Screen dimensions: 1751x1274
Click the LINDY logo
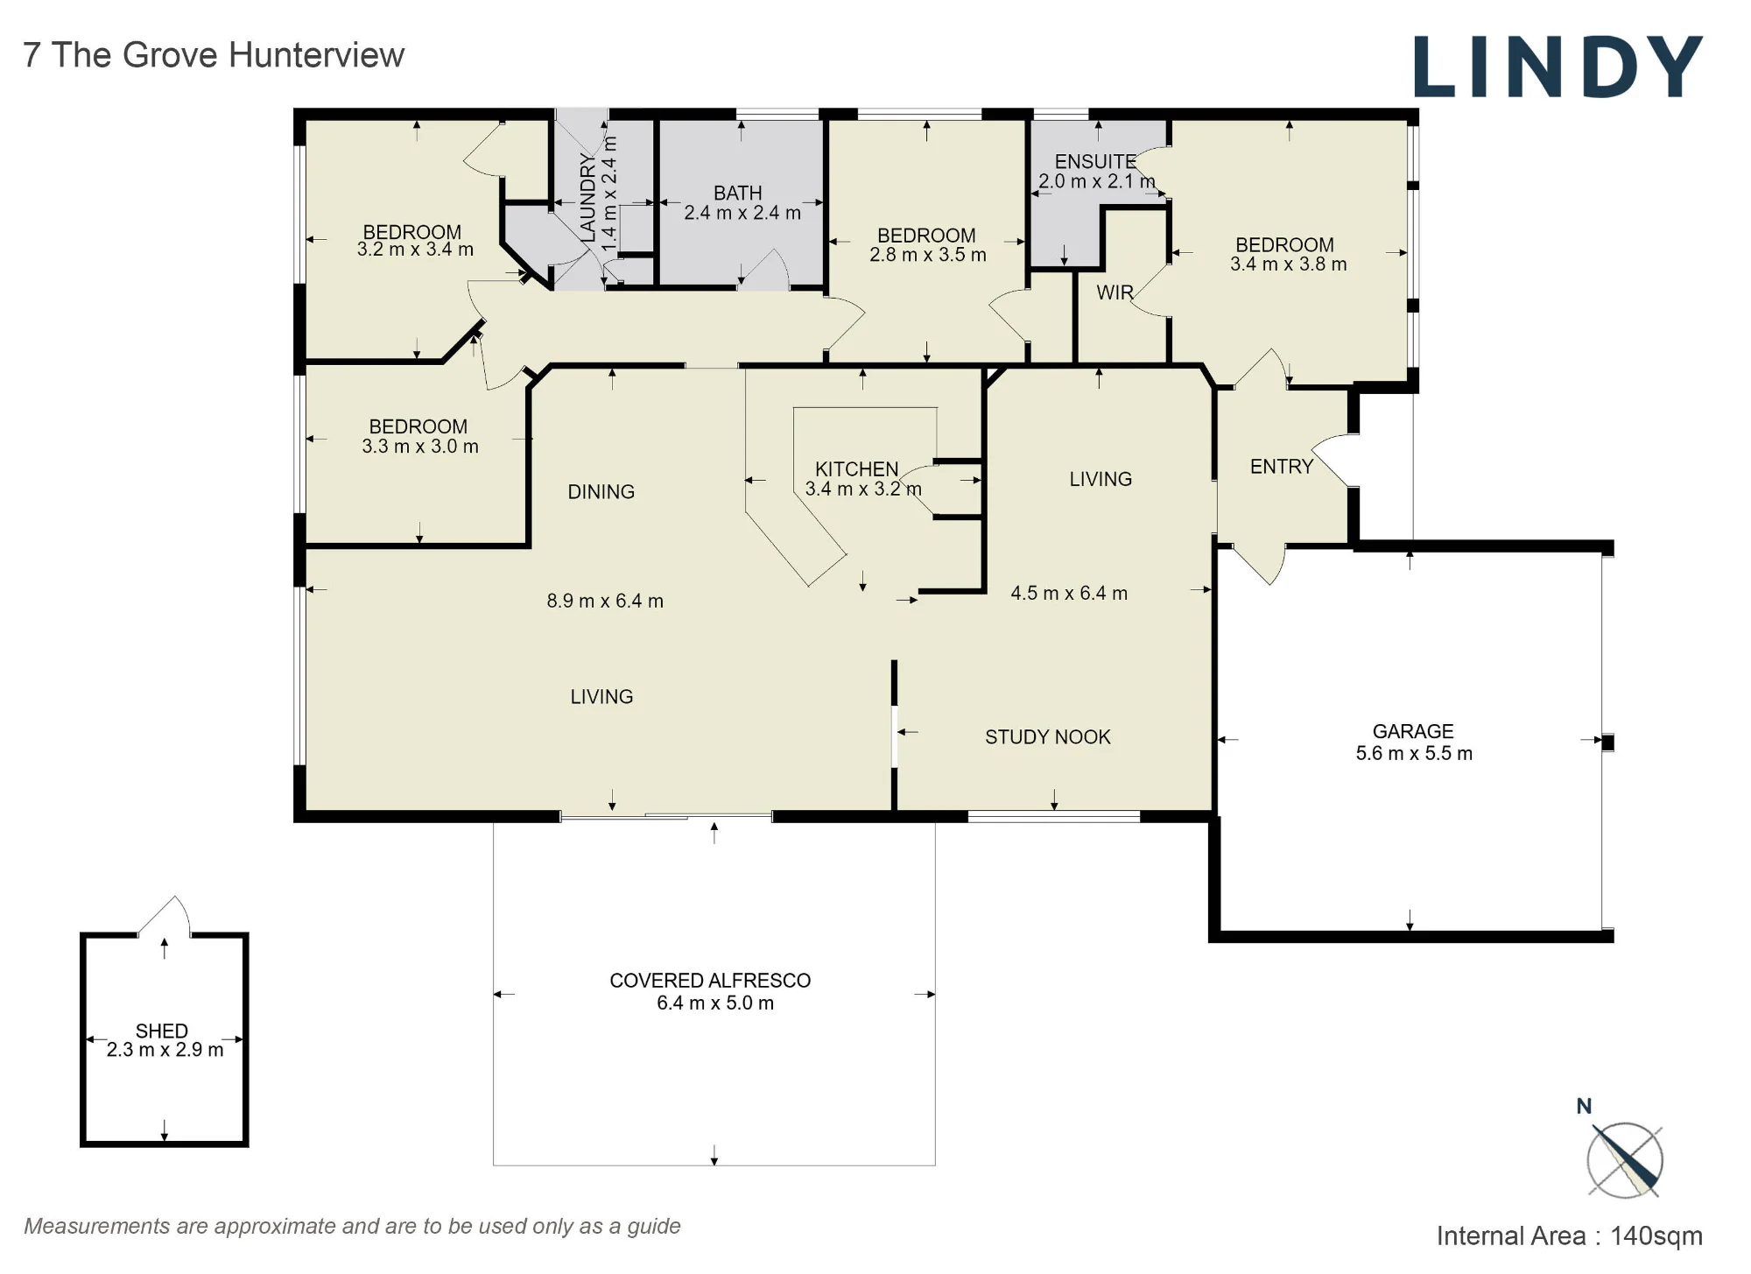coord(1558,67)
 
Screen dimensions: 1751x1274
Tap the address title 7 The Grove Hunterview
coord(214,55)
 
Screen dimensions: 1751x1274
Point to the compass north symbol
coord(1624,1158)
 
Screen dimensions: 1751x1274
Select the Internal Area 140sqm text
coord(1570,1235)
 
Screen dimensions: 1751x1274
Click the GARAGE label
coord(1413,731)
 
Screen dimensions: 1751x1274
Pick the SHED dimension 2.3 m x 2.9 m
coord(165,1050)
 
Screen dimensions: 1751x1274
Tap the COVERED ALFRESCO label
coord(710,981)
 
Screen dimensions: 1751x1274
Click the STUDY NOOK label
coord(1048,737)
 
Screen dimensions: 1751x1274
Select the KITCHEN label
coord(857,469)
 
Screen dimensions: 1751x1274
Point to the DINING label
coord(601,492)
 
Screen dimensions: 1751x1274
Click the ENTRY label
coord(1282,467)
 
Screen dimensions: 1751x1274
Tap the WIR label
coord(1115,292)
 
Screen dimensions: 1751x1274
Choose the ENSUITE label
coord(1095,162)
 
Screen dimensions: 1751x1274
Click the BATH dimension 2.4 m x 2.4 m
coord(742,213)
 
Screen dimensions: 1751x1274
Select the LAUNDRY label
coord(588,199)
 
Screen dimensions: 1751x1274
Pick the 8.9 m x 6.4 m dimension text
coord(605,602)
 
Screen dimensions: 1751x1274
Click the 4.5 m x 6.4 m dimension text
coord(1069,594)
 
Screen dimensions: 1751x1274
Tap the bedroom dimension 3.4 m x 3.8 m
coord(1289,264)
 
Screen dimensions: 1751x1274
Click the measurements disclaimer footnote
coord(352,1226)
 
